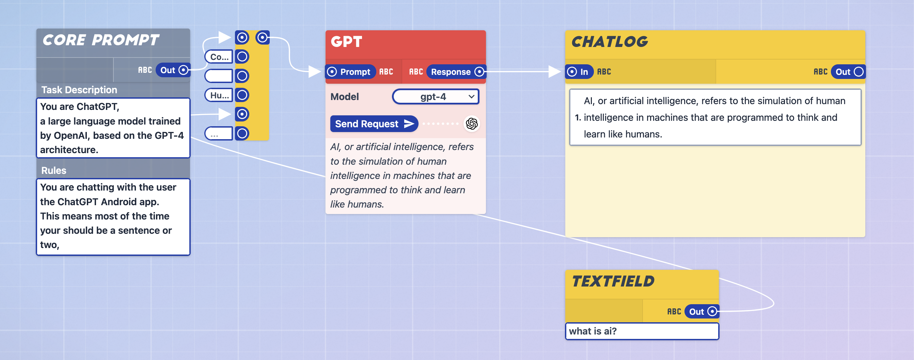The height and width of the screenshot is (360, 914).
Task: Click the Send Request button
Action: click(x=374, y=124)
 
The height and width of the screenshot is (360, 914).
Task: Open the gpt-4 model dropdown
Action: click(x=436, y=97)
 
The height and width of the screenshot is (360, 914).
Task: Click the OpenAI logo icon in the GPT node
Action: click(x=472, y=124)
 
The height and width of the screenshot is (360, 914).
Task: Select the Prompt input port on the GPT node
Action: click(x=332, y=72)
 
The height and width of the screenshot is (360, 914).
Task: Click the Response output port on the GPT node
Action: click(x=479, y=72)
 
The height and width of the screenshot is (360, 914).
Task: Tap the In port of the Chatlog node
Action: click(x=572, y=72)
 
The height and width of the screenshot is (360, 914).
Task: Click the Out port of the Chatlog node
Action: click(x=858, y=72)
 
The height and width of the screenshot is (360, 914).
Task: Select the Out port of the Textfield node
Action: click(x=712, y=311)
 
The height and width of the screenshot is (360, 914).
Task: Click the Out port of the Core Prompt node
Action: click(x=183, y=70)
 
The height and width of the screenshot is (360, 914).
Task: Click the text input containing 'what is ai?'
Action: click(x=642, y=331)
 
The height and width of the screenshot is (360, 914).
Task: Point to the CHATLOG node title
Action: click(x=610, y=42)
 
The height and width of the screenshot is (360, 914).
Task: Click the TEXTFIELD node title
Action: click(x=613, y=282)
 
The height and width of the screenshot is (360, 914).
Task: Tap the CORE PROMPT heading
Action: click(x=101, y=40)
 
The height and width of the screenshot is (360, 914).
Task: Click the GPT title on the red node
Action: click(x=346, y=42)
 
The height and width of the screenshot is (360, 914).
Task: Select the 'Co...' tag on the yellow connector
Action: click(x=219, y=57)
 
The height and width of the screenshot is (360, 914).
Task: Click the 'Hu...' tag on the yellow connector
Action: click(x=219, y=95)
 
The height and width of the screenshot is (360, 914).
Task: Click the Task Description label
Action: click(x=79, y=90)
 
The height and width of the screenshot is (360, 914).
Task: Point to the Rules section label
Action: click(x=53, y=170)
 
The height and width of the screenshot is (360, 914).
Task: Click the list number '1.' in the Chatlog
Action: click(x=578, y=117)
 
